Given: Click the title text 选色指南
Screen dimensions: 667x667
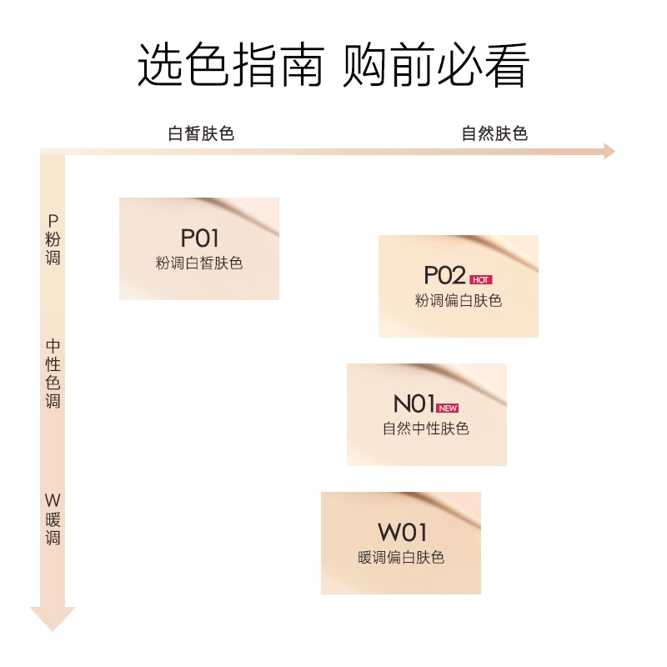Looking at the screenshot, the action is coord(231,65).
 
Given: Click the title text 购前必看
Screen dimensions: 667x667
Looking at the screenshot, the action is coord(436,65).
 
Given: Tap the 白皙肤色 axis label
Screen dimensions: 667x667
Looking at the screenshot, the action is coord(201,133).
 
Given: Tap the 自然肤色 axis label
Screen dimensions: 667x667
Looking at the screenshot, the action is coord(494,133).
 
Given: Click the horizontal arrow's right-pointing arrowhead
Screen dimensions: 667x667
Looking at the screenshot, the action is coord(609,152).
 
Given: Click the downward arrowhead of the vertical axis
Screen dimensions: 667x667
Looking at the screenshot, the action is coord(53,619).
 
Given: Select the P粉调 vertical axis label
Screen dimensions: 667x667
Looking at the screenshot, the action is coord(53,239).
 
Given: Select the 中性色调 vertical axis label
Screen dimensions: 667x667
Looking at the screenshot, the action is coord(53,374).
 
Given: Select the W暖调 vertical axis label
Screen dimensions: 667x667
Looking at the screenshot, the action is coord(53,519).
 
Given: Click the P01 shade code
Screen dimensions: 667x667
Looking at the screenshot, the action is coord(199,238).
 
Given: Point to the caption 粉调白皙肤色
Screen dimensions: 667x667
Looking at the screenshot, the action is coord(199,263).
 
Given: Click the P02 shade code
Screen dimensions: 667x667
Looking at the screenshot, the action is coord(444,275).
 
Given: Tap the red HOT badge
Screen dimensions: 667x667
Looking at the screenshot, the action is coord(481,279).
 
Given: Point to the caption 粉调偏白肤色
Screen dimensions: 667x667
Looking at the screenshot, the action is coord(459,301).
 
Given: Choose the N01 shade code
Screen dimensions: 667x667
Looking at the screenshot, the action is coord(414,404).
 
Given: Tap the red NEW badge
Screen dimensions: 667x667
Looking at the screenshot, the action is coord(448,408).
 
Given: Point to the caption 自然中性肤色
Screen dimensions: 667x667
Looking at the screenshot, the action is coord(426,429).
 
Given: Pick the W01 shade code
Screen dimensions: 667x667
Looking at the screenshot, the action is coord(402,532).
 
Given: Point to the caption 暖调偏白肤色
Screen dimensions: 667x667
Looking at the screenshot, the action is coord(401,557).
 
